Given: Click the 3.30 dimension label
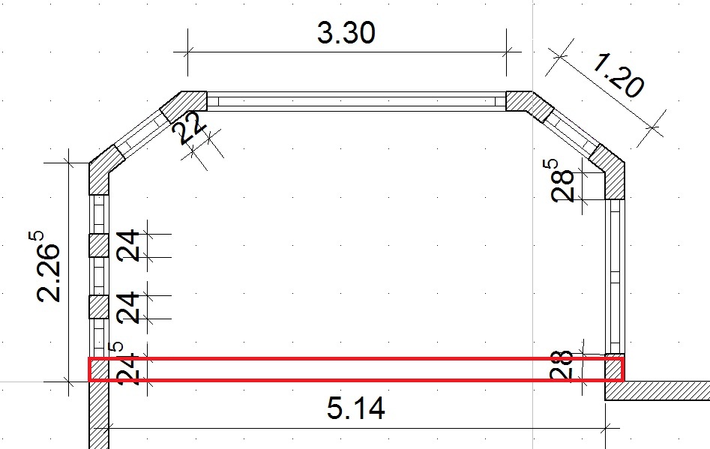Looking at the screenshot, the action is tap(346, 33).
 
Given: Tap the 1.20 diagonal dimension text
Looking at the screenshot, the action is tap(617, 76).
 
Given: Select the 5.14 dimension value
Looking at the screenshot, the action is tap(356, 407).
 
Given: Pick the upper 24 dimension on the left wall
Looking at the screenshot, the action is tap(128, 246).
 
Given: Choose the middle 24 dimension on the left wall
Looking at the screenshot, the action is tap(128, 308).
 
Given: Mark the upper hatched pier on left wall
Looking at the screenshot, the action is tap(98, 246).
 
